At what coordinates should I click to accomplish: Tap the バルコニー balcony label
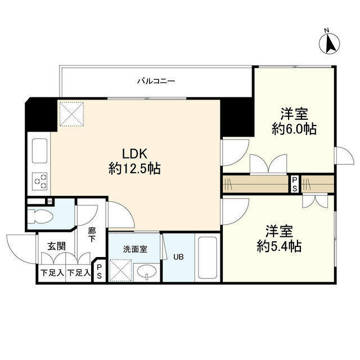pos(156,81)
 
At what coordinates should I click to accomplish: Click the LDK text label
pos(135,153)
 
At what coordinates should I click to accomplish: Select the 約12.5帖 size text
pos(135,168)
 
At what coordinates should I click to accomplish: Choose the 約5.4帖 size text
pos(280,246)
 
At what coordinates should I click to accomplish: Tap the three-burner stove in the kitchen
pos(40,180)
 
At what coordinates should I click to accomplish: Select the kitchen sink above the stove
pos(40,150)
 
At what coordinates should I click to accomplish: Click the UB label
pos(178,257)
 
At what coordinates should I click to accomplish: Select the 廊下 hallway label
pos(91,235)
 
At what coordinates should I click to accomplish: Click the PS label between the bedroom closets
pos(294,184)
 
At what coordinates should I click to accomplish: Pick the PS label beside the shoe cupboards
pos(100,272)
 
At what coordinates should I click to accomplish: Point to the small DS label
pos(50,201)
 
